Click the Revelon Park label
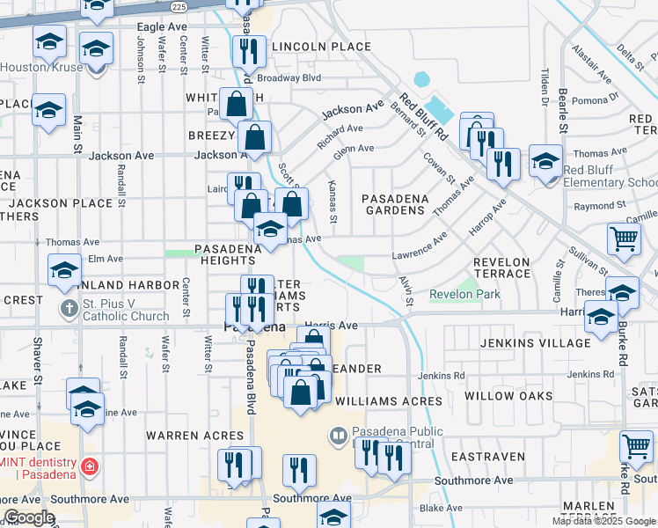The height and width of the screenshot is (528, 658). click(x=464, y=294)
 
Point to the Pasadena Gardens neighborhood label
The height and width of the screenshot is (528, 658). click(x=395, y=204)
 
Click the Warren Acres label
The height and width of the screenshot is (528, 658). click(x=194, y=436)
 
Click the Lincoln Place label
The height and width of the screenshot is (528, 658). click(x=321, y=46)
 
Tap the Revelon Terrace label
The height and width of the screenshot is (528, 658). click(x=501, y=268)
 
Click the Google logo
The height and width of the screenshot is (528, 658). click(x=29, y=517)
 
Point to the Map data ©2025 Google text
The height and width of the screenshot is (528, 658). click(x=603, y=521)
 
